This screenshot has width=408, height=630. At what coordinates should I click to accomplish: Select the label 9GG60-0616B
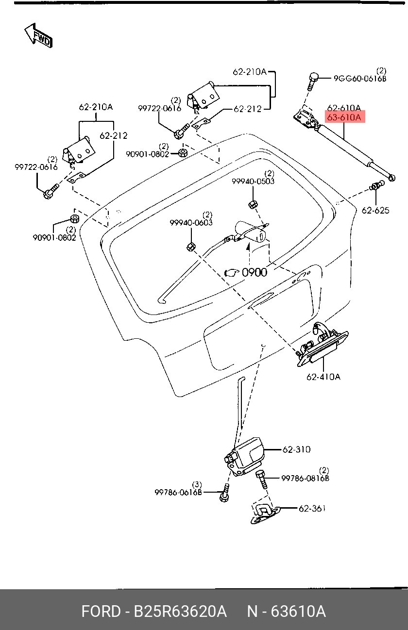pos(360,78)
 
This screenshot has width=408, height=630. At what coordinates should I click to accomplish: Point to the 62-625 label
pos(375,210)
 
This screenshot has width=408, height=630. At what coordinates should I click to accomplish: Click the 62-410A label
pos(323,377)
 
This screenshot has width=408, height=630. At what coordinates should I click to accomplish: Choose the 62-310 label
pos(296,449)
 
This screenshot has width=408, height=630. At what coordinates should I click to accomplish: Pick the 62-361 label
pos(312,508)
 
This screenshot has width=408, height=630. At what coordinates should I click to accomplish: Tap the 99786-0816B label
pos(306,478)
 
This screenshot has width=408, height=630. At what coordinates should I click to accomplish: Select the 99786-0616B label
pos(178,492)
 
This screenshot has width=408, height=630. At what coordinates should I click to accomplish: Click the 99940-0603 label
pos(191,223)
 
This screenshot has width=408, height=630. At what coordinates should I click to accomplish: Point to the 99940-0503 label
pos(253,181)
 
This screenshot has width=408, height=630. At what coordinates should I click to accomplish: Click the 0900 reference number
pos(255,272)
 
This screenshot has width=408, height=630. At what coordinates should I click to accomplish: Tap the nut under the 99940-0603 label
pos(190,247)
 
